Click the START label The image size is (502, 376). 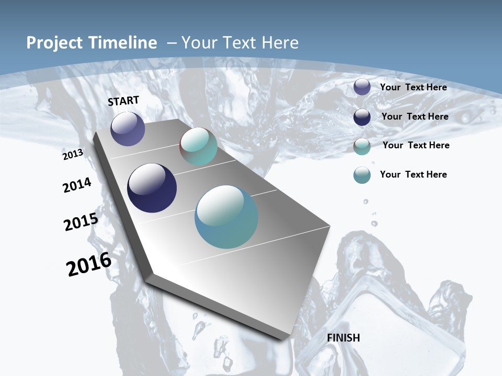click(x=123, y=101)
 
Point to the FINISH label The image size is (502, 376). click(x=344, y=338)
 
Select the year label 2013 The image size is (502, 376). click(x=73, y=155)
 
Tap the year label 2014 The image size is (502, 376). click(x=77, y=185)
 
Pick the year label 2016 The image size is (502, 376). click(x=89, y=264)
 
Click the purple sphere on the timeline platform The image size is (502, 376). click(x=128, y=128)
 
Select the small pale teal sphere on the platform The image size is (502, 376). click(x=198, y=147)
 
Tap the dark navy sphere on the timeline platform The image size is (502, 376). click(x=152, y=188)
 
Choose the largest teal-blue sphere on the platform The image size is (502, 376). click(x=226, y=217)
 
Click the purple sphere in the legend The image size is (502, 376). click(x=362, y=87)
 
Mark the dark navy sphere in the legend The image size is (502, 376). click(x=362, y=117)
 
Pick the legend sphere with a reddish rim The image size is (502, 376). click(x=362, y=146)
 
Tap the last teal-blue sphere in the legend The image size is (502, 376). click(x=362, y=175)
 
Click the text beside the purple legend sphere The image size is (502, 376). click(x=413, y=87)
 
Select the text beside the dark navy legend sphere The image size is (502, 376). click(x=415, y=116)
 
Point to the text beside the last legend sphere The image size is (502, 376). click(x=413, y=174)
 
